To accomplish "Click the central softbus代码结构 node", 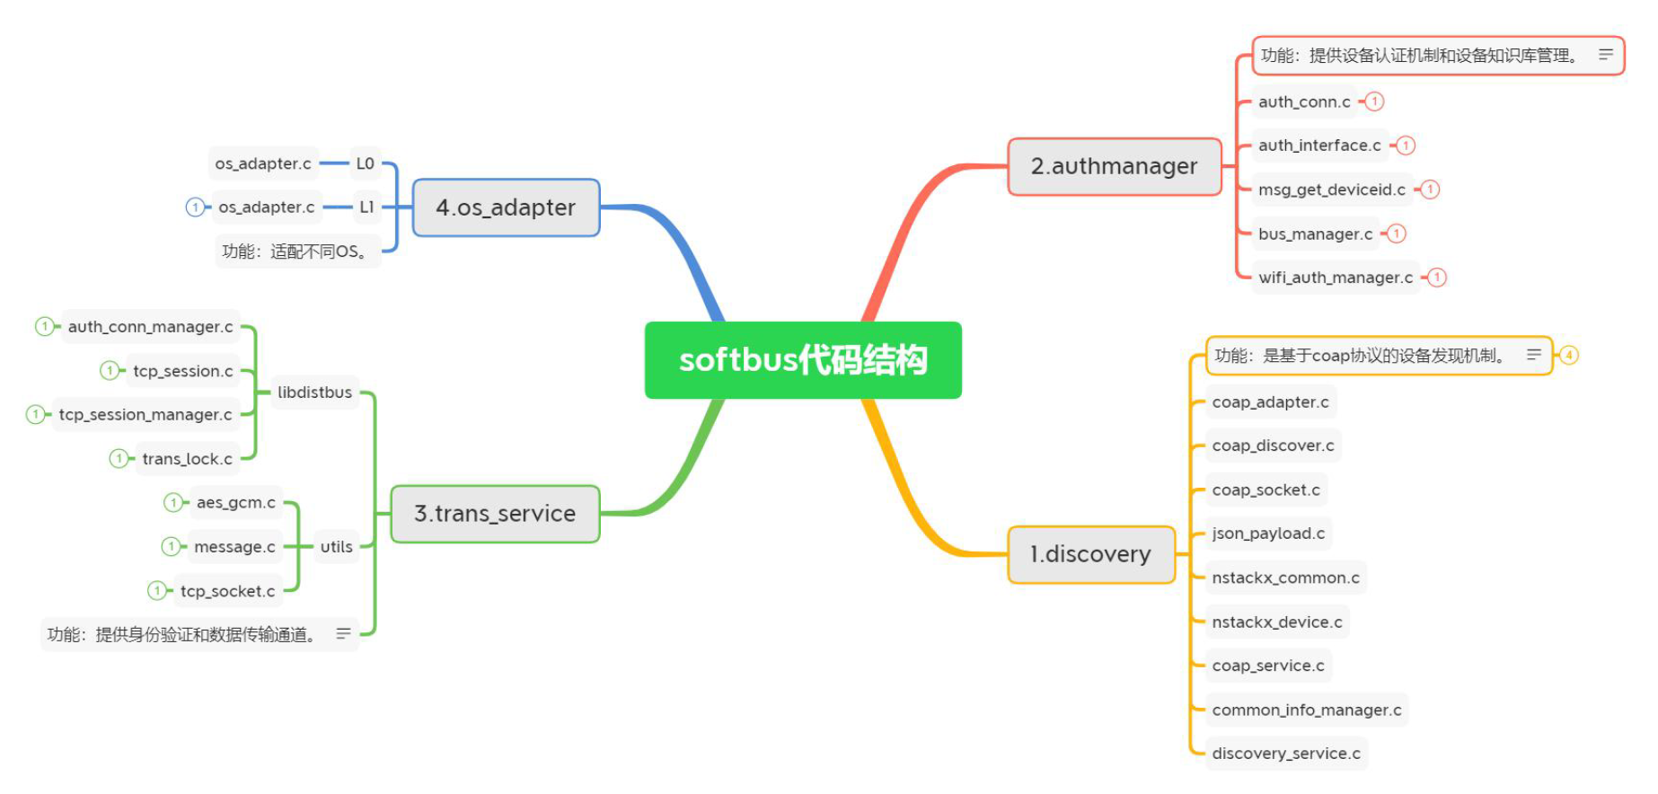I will pyautogui.click(x=803, y=360).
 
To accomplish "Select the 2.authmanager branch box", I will pyautogui.click(x=1114, y=166).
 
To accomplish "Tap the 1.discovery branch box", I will pyautogui.click(x=1090, y=554).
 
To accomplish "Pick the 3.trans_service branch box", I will pyautogui.click(x=495, y=514).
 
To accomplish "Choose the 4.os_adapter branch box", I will pyautogui.click(x=506, y=207).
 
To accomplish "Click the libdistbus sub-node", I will pyautogui.click(x=314, y=393).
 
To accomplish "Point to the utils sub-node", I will pyautogui.click(x=337, y=546).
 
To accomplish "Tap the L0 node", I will pyautogui.click(x=365, y=163).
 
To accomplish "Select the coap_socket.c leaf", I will pyautogui.click(x=1266, y=490).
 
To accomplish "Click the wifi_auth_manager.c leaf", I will pyautogui.click(x=1335, y=278).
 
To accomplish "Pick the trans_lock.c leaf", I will pyautogui.click(x=187, y=459).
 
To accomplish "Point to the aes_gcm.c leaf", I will pyautogui.click(x=235, y=502).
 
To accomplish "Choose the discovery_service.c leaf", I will pyautogui.click(x=1285, y=754).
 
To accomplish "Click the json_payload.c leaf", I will pyautogui.click(x=1268, y=534).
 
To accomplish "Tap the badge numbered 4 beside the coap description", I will pyautogui.click(x=1568, y=356).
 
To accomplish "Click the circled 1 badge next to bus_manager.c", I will pyautogui.click(x=1397, y=234).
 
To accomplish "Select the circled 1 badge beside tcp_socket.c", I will pyautogui.click(x=157, y=590).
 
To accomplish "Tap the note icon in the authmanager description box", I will pyautogui.click(x=1605, y=55).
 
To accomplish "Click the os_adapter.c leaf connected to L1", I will pyautogui.click(x=266, y=207).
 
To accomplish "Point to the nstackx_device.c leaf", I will pyautogui.click(x=1276, y=622).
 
